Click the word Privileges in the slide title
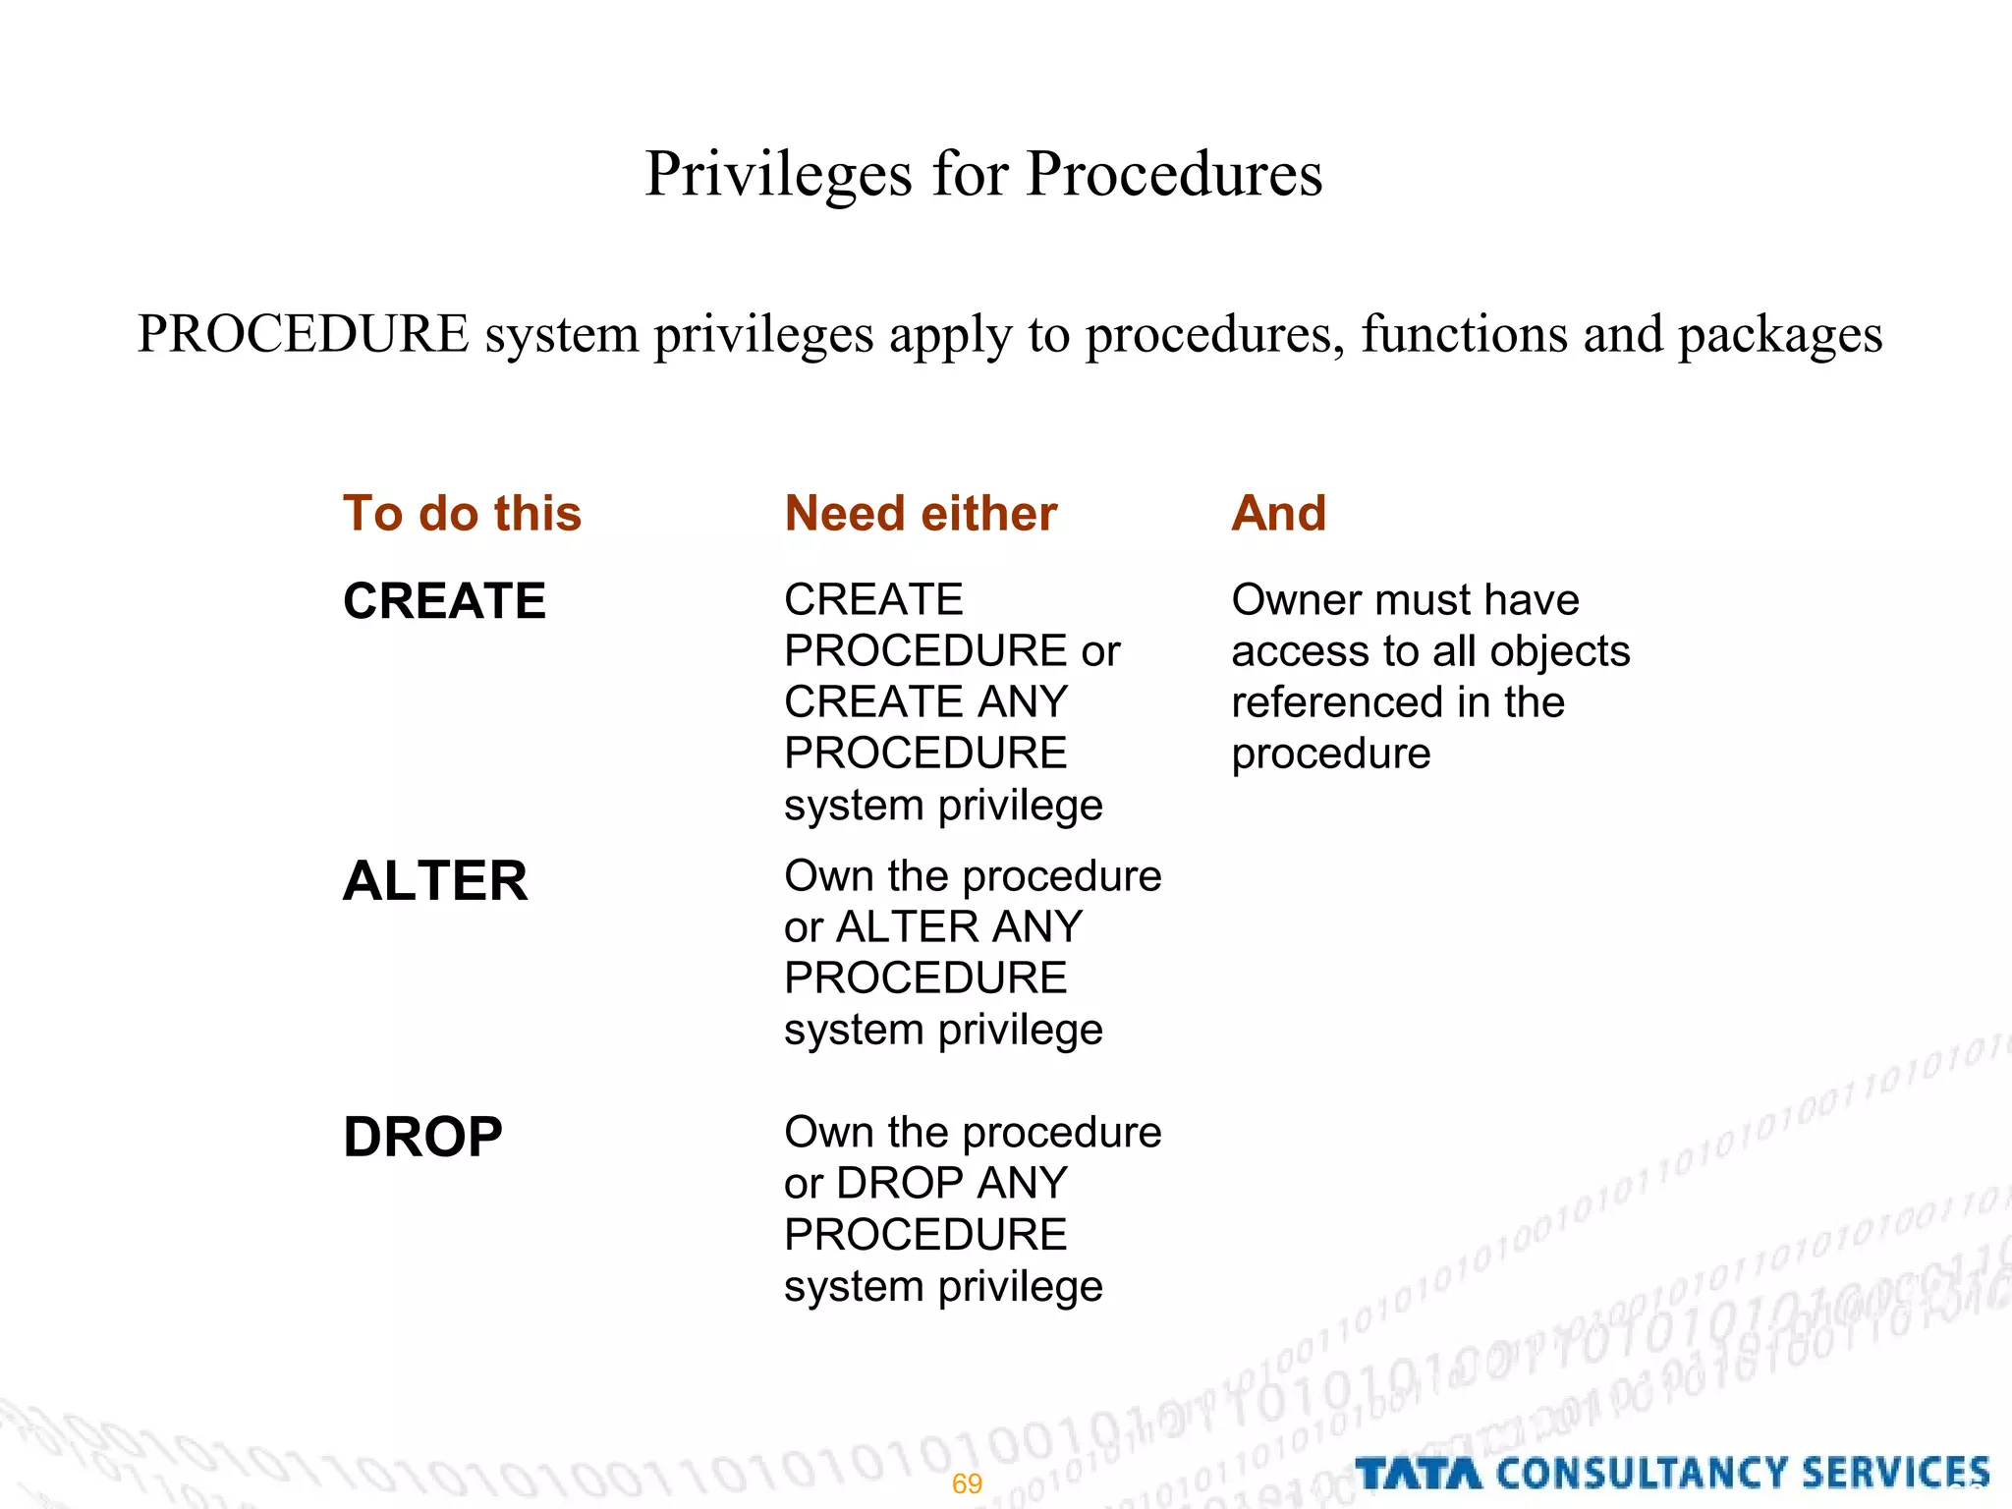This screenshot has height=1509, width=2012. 779,175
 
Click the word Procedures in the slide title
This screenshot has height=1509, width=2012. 1174,175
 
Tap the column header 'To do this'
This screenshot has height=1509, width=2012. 462,514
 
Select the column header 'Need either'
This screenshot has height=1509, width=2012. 921,514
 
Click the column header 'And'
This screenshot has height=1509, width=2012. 1278,514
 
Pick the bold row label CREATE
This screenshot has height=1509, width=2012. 444,601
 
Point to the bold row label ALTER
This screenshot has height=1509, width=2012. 435,880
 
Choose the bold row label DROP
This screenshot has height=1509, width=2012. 422,1137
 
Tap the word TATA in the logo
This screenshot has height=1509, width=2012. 1418,1474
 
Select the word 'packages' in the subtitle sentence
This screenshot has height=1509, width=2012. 1779,335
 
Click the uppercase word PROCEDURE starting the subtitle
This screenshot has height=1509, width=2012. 303,335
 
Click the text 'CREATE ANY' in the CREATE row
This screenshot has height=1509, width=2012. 925,702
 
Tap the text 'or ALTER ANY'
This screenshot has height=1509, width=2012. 933,927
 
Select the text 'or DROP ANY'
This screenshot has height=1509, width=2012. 925,1184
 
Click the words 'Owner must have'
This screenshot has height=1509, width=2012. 1405,600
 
